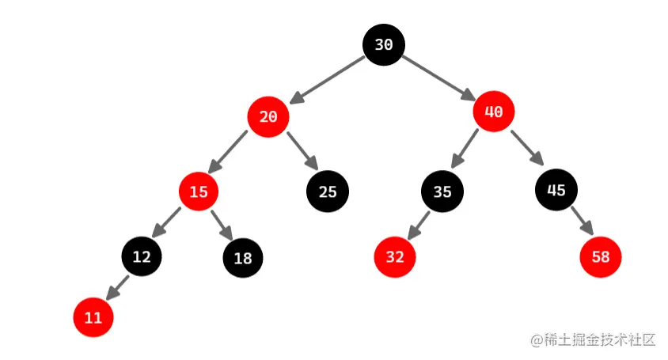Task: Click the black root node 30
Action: [384, 45]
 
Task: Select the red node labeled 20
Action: [268, 117]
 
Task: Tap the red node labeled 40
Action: [494, 112]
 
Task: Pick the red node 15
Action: [199, 191]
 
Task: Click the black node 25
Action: [327, 191]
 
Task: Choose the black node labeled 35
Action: [442, 191]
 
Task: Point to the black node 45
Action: [556, 190]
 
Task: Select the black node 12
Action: [142, 256]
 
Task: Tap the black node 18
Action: [243, 258]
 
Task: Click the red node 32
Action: [395, 258]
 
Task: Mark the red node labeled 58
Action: [601, 257]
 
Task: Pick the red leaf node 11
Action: [93, 318]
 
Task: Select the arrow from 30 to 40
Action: [438, 78]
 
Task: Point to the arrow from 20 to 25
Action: [302, 151]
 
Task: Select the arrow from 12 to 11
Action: [117, 286]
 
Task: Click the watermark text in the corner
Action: [594, 340]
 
